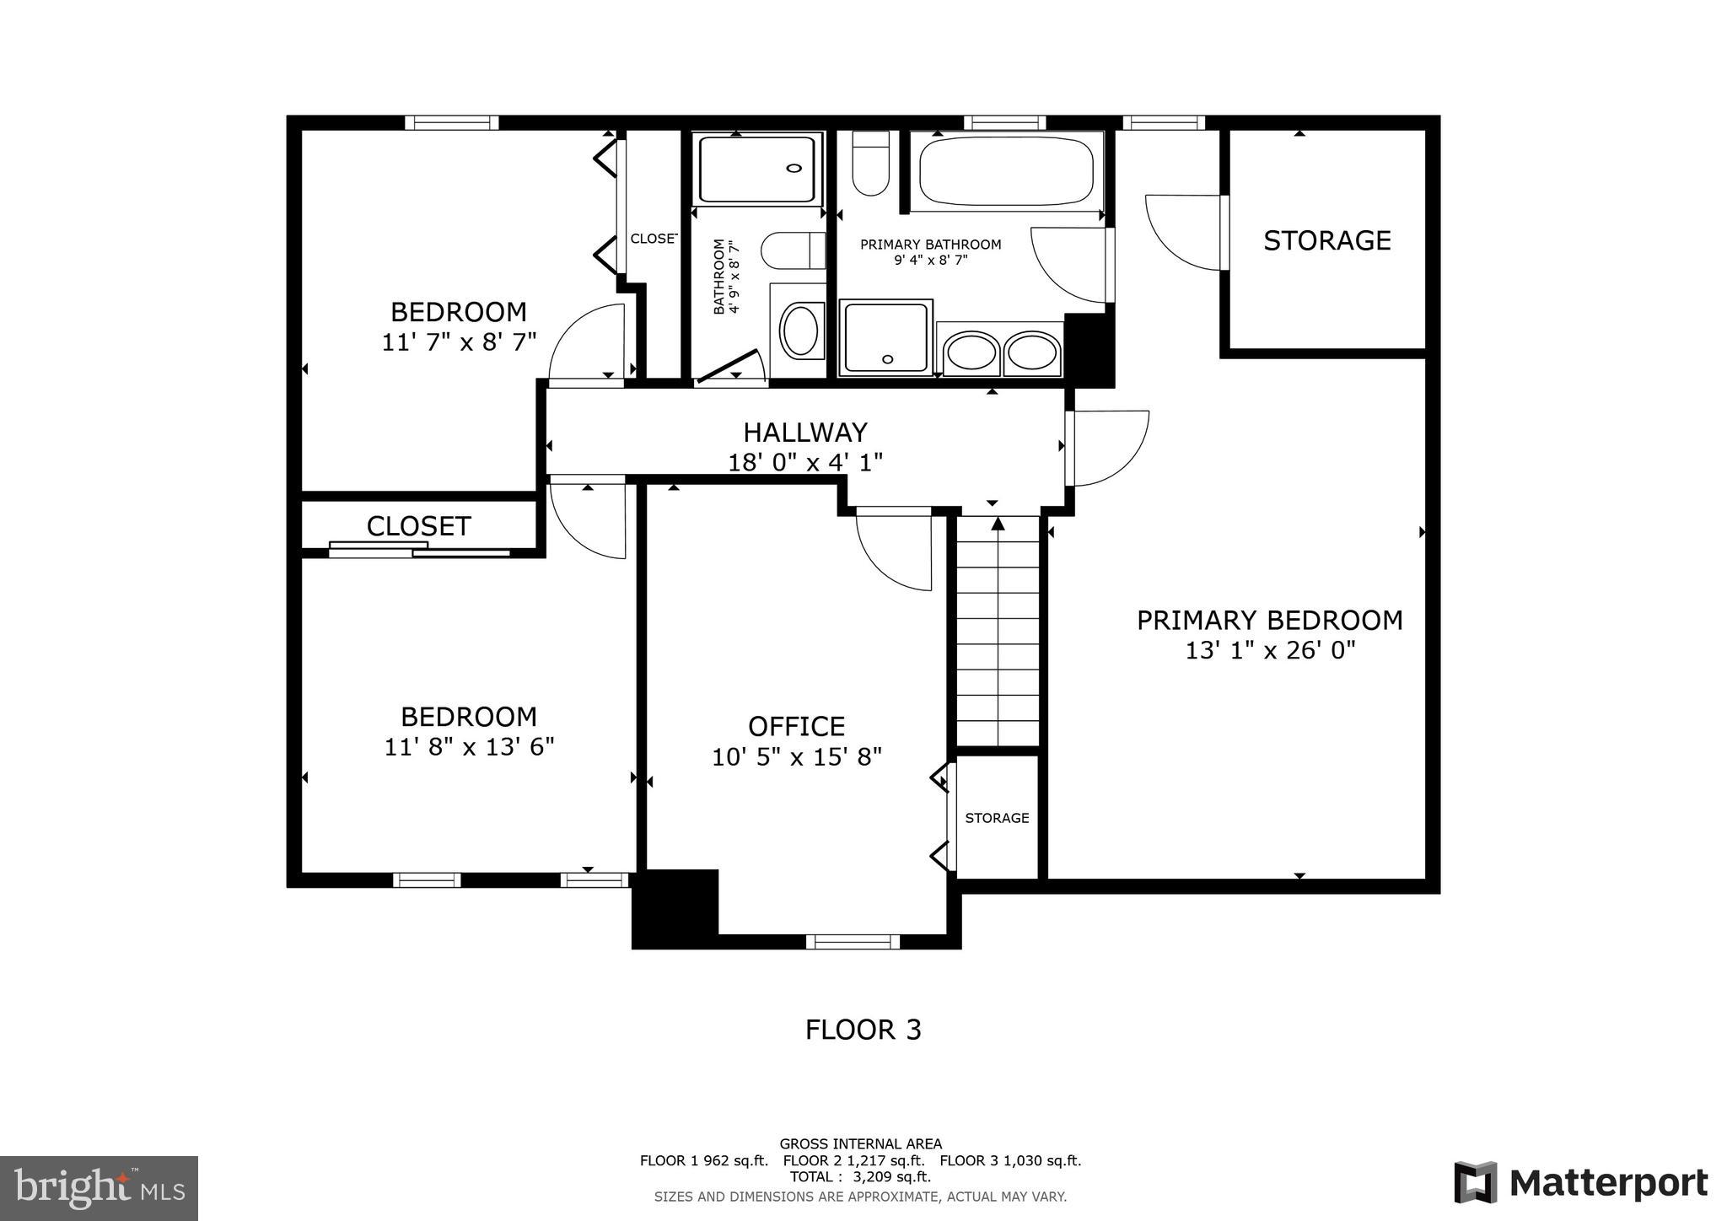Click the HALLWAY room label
coord(804,433)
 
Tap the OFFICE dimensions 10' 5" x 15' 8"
coord(796,757)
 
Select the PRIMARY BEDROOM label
coord(1269,621)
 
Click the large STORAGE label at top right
coord(1326,241)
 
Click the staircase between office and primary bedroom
coord(998,632)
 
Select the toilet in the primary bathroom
coord(870,164)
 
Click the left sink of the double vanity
coord(971,352)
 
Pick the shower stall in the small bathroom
coord(756,169)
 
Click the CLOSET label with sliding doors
coord(418,526)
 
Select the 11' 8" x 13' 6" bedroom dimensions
coord(469,747)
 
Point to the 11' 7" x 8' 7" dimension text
coord(459,342)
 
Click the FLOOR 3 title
coord(863,1030)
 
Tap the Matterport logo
coord(1580,1184)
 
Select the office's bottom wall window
coord(853,942)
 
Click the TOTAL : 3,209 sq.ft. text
coord(860,1176)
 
